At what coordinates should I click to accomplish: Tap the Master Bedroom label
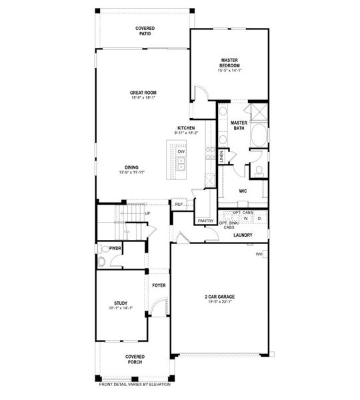pos(229,63)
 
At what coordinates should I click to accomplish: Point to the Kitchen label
pos(186,127)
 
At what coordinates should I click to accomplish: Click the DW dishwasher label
pos(181,151)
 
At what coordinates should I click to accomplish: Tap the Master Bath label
pos(239,125)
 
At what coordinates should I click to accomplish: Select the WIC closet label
pos(243,190)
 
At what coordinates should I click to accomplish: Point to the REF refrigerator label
pos(179,205)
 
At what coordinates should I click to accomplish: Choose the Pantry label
pos(205,221)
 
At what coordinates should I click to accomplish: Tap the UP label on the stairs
pos(147,213)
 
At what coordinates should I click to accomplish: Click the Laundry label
pos(241,235)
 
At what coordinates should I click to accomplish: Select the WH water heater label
pos(258,254)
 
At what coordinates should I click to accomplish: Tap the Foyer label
pos(158,285)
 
